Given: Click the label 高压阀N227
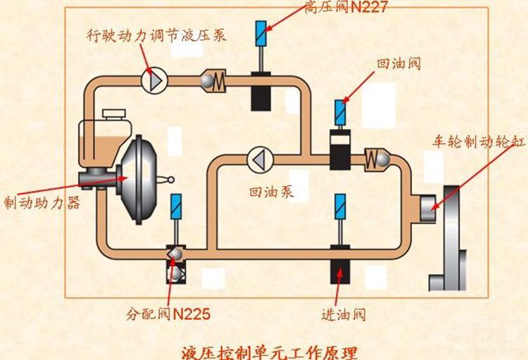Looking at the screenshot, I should (346, 7).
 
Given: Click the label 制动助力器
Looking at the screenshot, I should (42, 203).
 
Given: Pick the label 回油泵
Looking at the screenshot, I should (270, 192).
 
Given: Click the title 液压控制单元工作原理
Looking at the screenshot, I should (269, 351).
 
